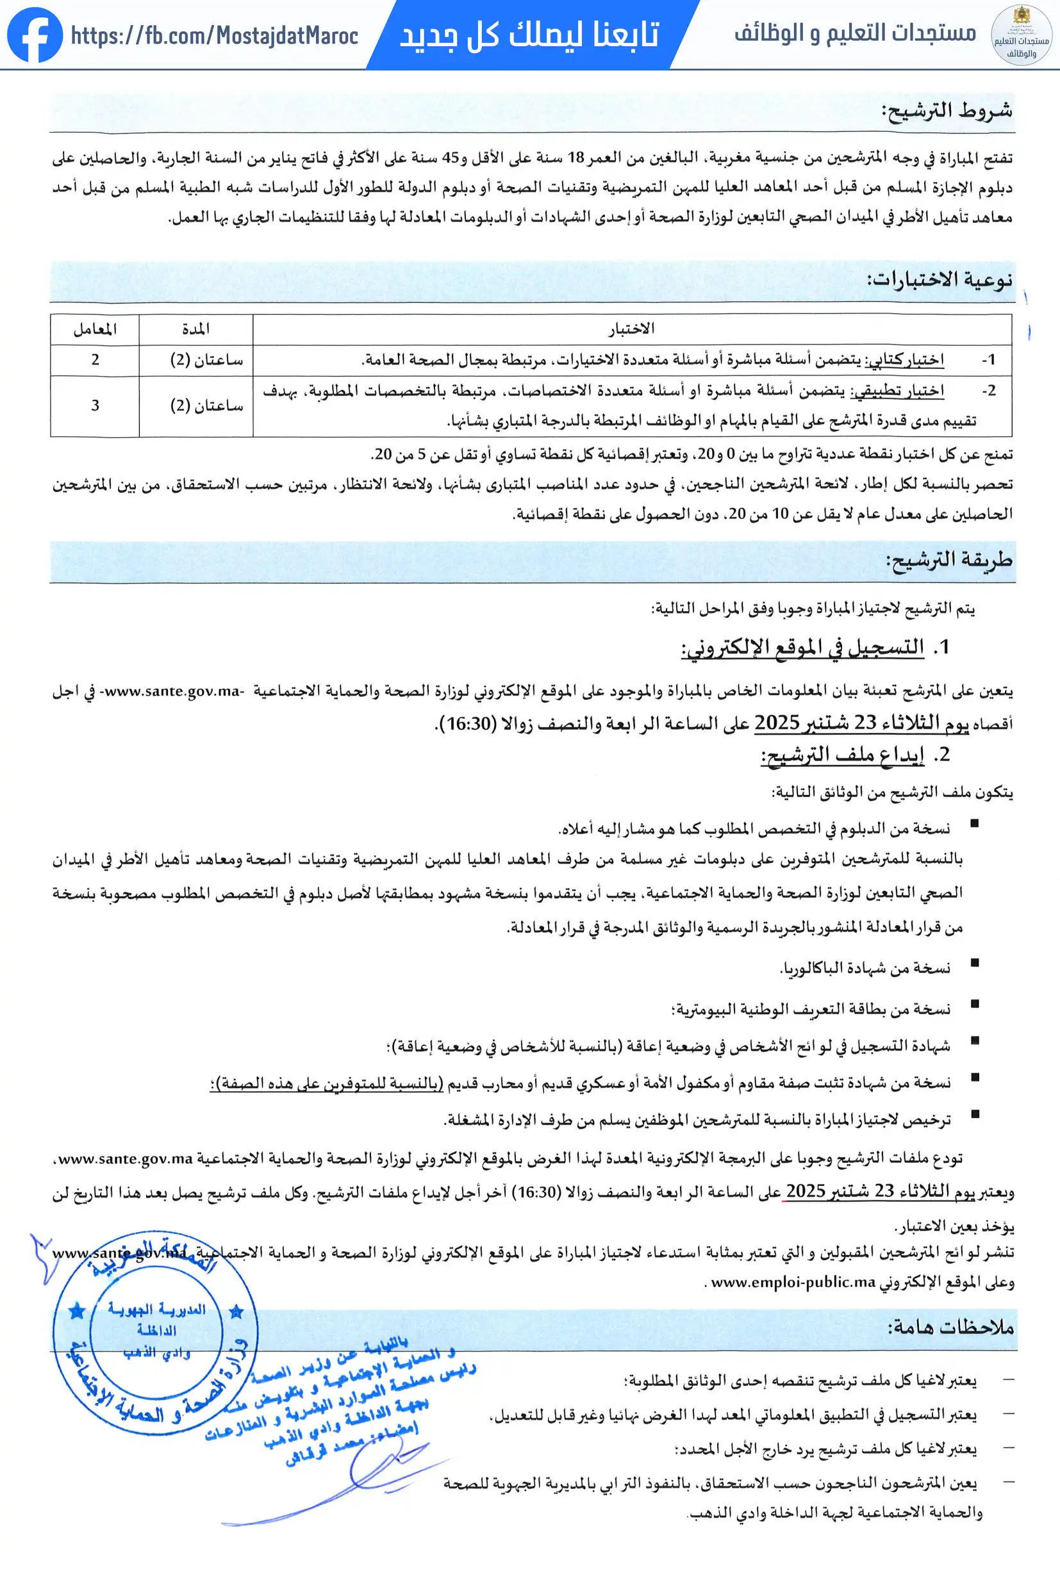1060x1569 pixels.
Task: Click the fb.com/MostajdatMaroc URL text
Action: (x=214, y=35)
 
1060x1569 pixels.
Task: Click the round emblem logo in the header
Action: (x=1021, y=35)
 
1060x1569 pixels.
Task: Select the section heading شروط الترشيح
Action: (x=947, y=111)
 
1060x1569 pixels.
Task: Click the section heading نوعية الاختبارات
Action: (x=940, y=279)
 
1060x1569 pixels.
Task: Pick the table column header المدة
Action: (x=196, y=329)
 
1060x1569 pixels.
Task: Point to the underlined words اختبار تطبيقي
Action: (x=897, y=391)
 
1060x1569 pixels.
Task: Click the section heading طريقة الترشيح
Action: (x=948, y=560)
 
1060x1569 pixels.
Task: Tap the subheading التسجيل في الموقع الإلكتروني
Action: (x=803, y=648)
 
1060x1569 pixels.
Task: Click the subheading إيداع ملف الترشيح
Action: (x=843, y=755)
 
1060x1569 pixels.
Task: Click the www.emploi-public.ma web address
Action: (x=793, y=1282)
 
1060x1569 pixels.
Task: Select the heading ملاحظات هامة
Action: (x=950, y=1327)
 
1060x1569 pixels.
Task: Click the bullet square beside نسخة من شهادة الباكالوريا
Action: (x=974, y=964)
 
